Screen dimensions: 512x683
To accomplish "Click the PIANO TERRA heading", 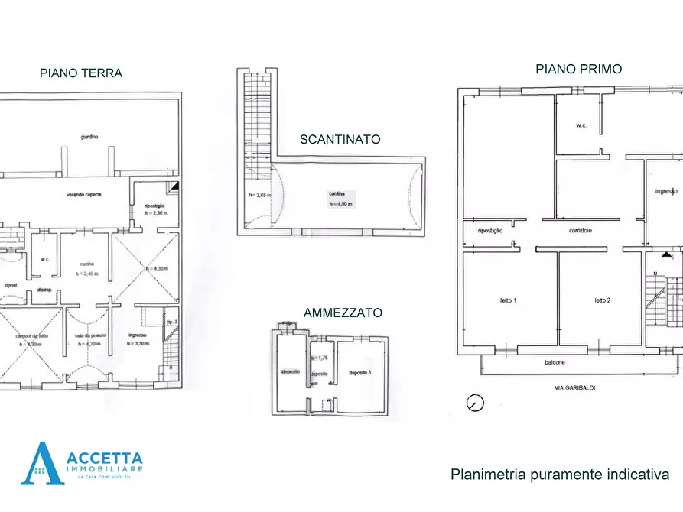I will point(81,73).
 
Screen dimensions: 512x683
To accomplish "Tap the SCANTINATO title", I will point(340,139).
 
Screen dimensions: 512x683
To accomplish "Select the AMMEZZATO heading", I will point(343,313).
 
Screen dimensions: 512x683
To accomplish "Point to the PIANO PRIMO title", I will point(578,69).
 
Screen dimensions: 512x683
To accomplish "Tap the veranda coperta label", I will point(83,195).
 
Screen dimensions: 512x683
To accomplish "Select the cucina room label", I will point(86,264).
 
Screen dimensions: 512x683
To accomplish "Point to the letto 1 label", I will point(509,300).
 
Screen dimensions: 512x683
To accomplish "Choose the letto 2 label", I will point(602,300).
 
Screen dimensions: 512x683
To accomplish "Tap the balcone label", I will point(555,362).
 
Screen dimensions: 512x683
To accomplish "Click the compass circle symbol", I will point(475,402).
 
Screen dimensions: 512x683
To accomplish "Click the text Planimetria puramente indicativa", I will point(561,475).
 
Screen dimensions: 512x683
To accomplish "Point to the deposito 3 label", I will point(359,372).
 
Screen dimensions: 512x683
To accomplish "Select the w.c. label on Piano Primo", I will point(581,125).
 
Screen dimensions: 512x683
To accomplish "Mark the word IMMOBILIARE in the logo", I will point(111,468).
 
